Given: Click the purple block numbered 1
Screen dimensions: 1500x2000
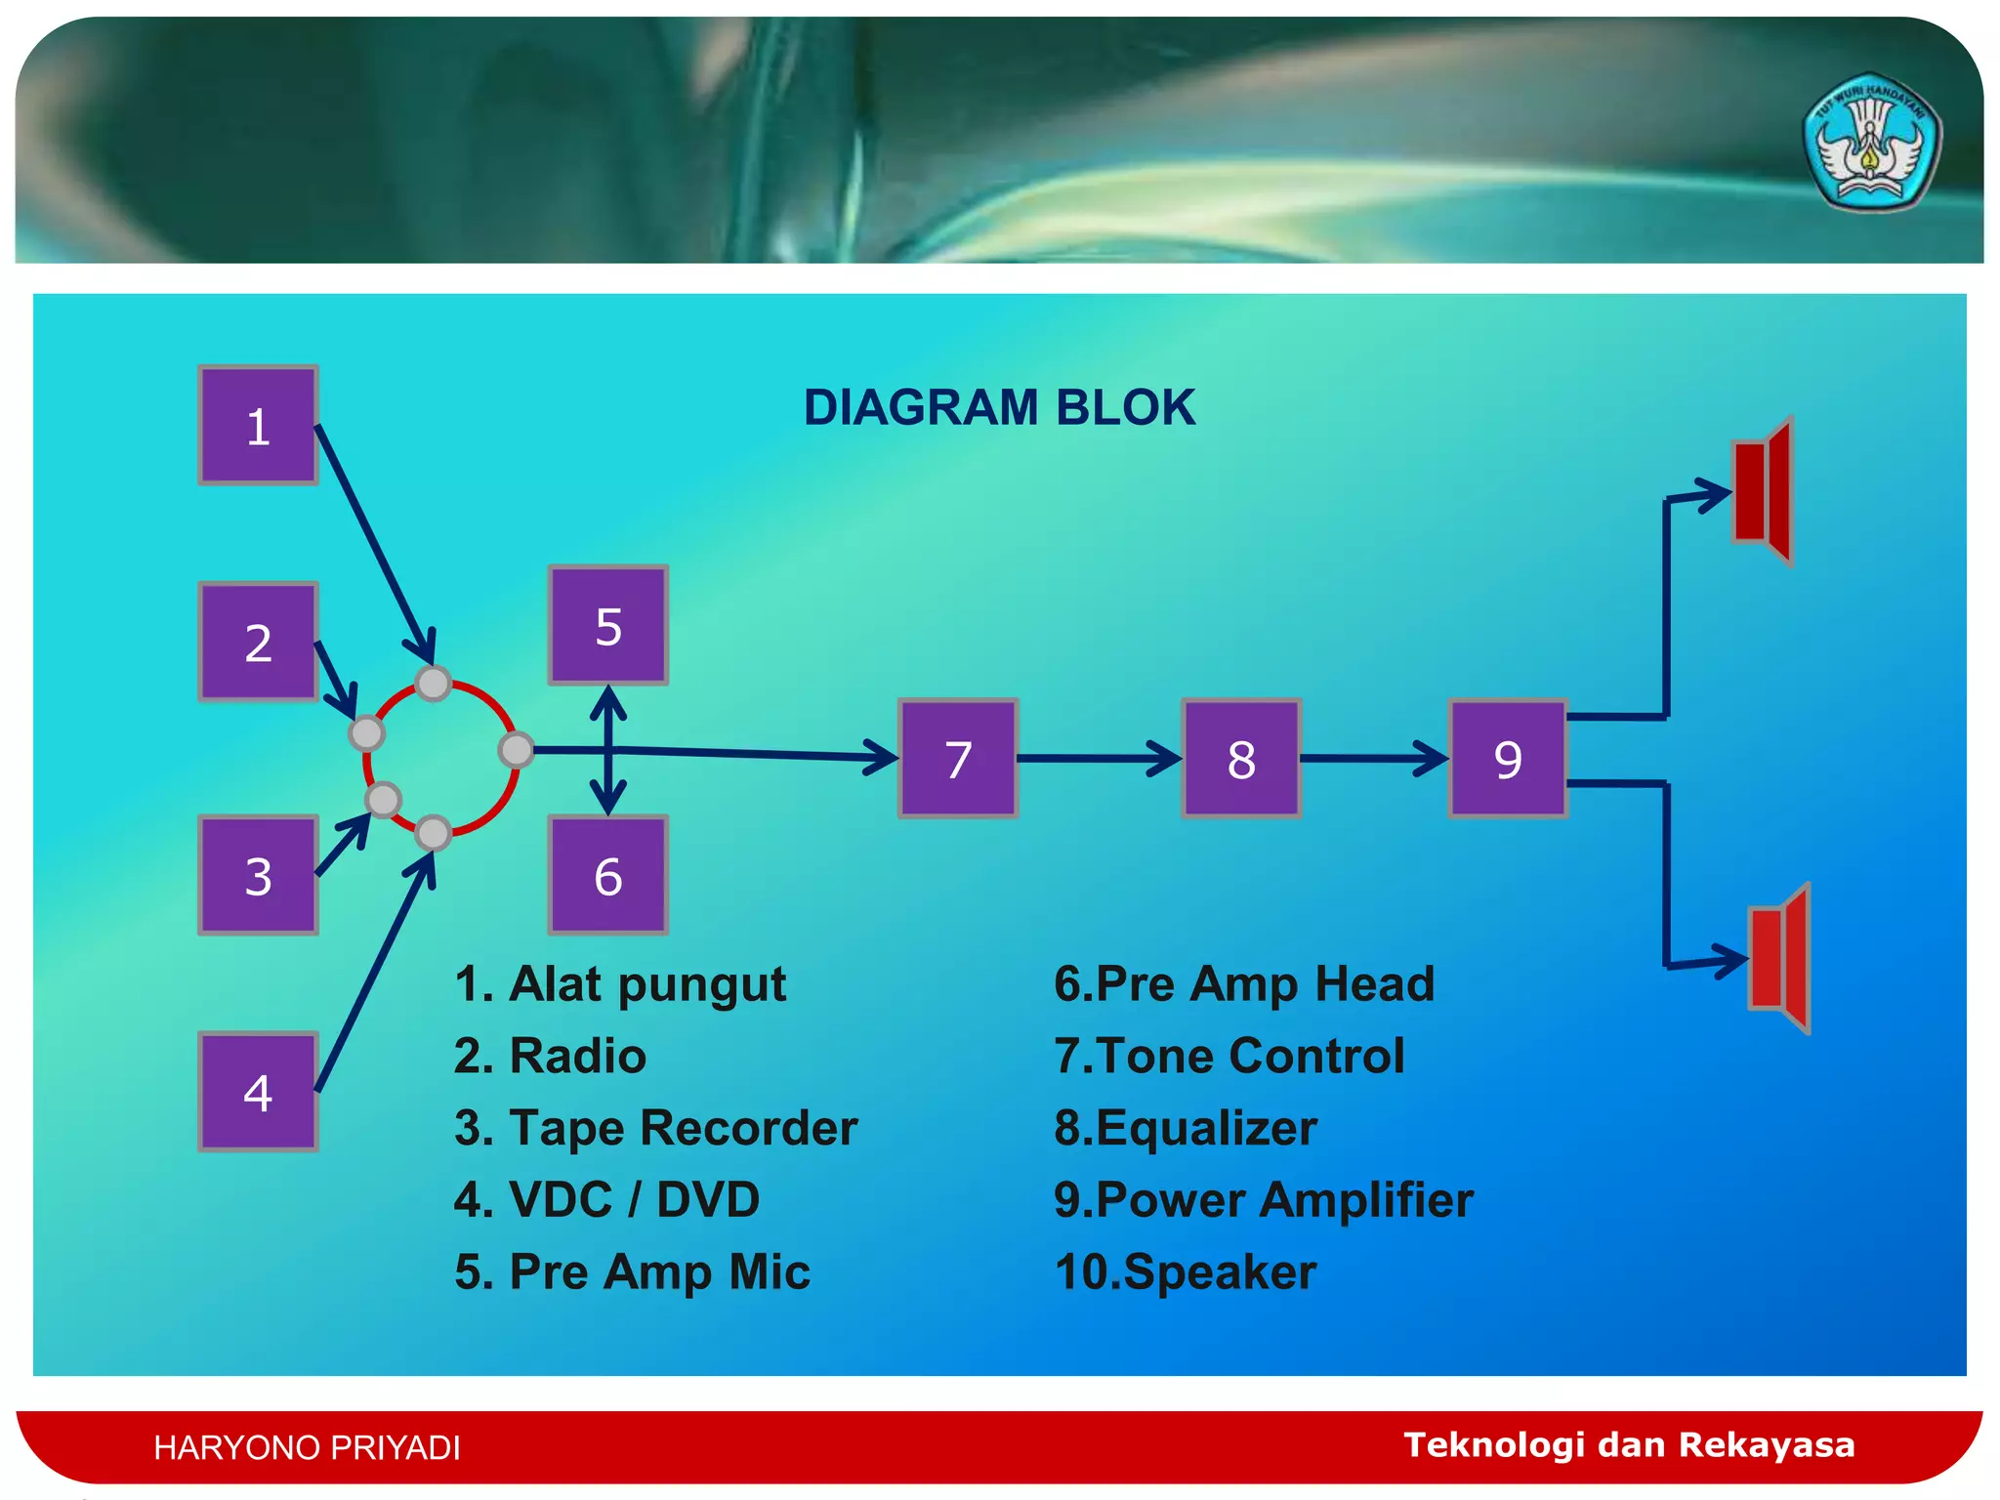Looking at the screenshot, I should point(258,426).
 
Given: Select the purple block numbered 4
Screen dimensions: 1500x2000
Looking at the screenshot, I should point(258,1091).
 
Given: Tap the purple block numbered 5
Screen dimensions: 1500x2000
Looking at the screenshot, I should point(607,625).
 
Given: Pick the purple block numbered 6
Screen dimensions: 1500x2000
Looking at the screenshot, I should point(607,875).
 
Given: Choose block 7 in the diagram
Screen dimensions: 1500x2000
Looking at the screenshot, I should point(958,758).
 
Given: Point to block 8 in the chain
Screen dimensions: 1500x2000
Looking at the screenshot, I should point(1241,758).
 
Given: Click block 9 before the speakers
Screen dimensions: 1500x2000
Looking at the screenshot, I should point(1508,758).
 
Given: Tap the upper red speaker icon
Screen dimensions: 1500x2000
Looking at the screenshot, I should point(1764,491).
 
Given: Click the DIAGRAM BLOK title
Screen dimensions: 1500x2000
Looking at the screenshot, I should point(999,407).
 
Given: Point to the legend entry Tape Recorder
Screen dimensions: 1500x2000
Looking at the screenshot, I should point(656,1128).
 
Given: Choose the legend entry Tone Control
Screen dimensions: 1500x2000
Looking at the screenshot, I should point(1229,1056).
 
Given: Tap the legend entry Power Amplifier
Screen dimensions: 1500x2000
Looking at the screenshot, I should point(1264,1199).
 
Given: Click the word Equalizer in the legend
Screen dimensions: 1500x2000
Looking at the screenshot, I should point(1205,1128).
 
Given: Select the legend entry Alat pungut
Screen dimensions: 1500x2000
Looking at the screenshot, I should point(621,984).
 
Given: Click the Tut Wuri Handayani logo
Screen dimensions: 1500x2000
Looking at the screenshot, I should point(1870,143).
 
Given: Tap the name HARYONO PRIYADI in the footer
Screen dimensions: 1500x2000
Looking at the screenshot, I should point(307,1447).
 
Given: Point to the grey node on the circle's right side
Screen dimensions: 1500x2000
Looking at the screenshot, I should point(516,750).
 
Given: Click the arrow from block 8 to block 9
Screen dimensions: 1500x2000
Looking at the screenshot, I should point(1373,758).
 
